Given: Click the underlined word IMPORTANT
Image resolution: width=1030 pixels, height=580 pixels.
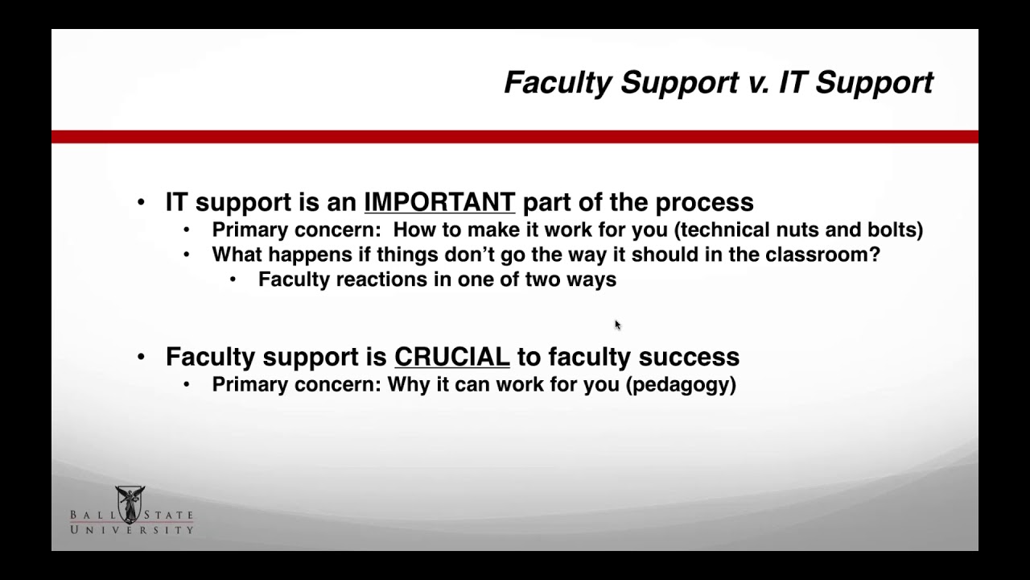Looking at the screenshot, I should tap(439, 201).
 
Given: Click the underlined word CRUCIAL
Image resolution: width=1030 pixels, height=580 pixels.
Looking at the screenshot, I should tap(451, 356).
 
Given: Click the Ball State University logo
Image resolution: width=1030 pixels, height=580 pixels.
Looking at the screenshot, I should tap(131, 511).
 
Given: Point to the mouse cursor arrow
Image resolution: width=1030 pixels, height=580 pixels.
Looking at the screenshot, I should tap(617, 325).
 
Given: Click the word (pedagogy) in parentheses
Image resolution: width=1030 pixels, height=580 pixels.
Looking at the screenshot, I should tap(681, 384).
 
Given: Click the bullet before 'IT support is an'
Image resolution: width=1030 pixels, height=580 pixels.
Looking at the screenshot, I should tap(142, 202).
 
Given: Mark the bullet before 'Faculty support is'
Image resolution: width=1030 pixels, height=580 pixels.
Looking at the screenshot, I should tap(142, 357).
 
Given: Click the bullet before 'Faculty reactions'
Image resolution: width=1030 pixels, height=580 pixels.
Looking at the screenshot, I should tap(233, 280).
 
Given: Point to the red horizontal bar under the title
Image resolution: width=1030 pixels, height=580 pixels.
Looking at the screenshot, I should tap(515, 137).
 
